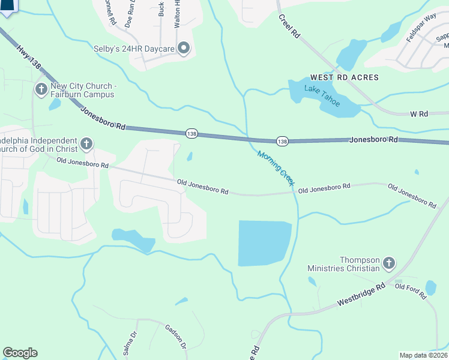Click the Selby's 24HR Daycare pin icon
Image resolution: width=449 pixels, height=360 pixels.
click(184, 48)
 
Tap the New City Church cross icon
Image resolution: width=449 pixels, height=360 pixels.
click(41, 90)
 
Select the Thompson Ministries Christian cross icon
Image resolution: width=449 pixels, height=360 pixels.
click(389, 263)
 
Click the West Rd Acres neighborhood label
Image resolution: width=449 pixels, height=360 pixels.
click(344, 77)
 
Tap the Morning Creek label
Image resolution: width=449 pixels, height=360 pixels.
click(275, 167)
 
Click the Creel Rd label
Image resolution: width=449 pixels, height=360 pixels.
click(289, 26)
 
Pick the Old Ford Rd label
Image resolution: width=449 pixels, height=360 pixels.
click(410, 290)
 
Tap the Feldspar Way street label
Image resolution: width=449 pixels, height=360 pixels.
click(421, 29)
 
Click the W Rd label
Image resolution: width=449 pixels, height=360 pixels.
click(418, 113)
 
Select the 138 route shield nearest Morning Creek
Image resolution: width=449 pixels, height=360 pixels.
click(282, 141)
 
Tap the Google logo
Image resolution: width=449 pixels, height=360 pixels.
click(20, 353)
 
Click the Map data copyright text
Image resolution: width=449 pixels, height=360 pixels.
click(423, 355)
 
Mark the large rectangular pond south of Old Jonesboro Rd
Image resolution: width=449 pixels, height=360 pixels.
click(264, 243)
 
